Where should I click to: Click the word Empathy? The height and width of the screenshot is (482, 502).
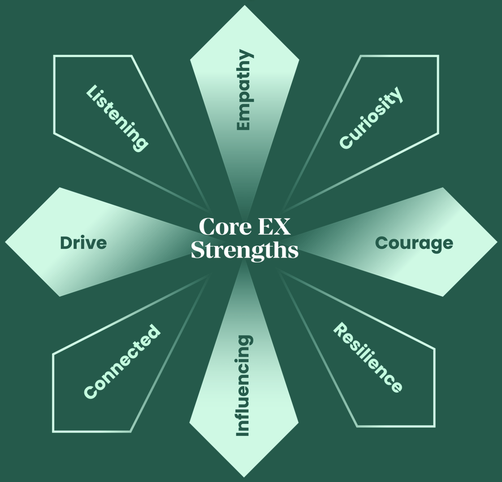pyautogui.click(x=244, y=90)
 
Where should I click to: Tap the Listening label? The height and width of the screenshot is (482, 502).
pyautogui.click(x=117, y=118)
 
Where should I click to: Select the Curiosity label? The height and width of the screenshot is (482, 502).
pyautogui.click(x=371, y=118)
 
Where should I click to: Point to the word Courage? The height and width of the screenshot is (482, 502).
pyautogui.click(x=414, y=244)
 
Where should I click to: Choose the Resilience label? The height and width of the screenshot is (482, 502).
pyautogui.click(x=368, y=358)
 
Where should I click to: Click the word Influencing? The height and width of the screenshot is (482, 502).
pyautogui.click(x=243, y=386)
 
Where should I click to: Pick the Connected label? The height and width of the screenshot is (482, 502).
pyautogui.click(x=122, y=362)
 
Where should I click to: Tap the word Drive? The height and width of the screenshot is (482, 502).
pyautogui.click(x=83, y=243)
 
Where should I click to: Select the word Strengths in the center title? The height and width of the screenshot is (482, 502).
pyautogui.click(x=245, y=250)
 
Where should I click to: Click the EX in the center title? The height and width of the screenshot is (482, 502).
pyautogui.click(x=274, y=227)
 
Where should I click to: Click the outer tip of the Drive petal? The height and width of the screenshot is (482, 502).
pyautogui.click(x=5, y=242)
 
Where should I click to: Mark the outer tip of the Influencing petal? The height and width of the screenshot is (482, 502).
pyautogui.click(x=244, y=477)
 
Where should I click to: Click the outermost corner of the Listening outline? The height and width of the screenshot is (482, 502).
pyautogui.click(x=54, y=56)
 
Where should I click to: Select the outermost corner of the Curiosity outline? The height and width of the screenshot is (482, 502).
pyautogui.click(x=438, y=56)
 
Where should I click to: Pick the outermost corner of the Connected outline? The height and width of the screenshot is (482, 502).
pyautogui.click(x=53, y=431)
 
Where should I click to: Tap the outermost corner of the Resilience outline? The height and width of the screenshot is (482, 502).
pyautogui.click(x=434, y=426)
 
